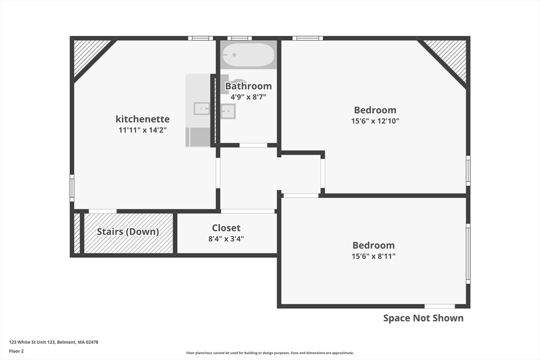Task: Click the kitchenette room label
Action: click(142, 119)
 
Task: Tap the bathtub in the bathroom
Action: click(248, 55)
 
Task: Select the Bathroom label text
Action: click(248, 86)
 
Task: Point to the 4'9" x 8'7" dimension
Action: click(248, 97)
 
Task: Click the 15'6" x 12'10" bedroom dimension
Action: click(375, 121)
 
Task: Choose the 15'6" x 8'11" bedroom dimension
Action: click(374, 256)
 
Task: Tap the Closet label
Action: click(226, 228)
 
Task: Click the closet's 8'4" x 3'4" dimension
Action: click(226, 239)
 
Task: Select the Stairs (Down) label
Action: click(128, 231)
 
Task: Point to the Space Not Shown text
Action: click(423, 318)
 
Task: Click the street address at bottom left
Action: click(54, 342)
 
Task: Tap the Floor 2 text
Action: click(16, 352)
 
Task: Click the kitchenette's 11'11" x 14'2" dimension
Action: click(142, 130)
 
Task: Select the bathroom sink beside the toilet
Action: click(228, 111)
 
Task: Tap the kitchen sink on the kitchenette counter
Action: click(201, 109)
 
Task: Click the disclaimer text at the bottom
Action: click(270, 353)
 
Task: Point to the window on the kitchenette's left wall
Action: click(72, 188)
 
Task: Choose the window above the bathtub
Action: click(239, 38)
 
